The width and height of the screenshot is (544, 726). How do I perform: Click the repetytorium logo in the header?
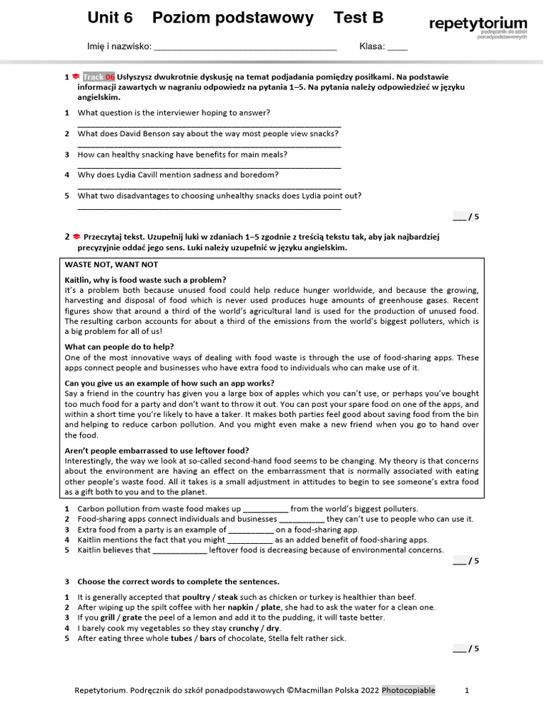coord(477,26)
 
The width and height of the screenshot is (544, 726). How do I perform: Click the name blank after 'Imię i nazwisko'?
coord(244,47)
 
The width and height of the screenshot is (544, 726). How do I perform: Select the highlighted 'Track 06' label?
coord(98,77)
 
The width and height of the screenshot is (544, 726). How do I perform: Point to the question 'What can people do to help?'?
coord(119,347)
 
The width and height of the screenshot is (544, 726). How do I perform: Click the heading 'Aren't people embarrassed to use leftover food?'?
coord(157,450)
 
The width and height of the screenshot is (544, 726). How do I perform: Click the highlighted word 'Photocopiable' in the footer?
coord(409,691)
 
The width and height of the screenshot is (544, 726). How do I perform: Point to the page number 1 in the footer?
coord(466,691)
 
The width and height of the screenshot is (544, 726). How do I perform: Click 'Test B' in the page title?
coord(362,18)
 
